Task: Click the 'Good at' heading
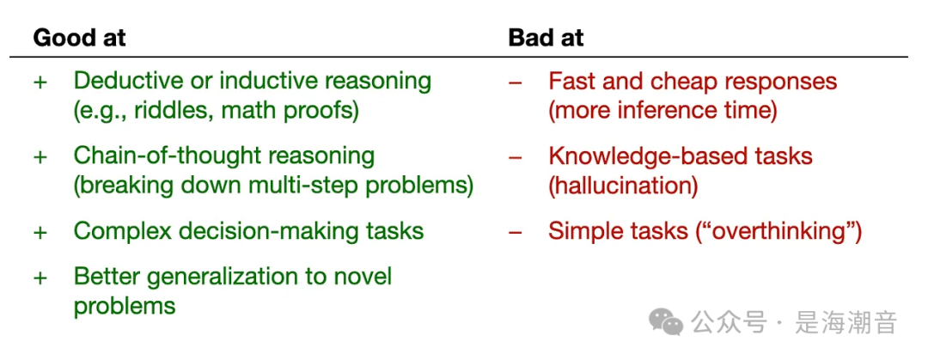(x=79, y=38)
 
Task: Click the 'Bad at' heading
(x=546, y=38)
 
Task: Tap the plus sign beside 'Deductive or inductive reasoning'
(x=40, y=82)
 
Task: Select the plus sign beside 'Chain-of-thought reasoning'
(x=40, y=157)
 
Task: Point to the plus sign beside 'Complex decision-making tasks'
(x=40, y=232)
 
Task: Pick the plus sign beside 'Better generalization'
(x=40, y=278)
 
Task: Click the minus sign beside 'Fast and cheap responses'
(x=516, y=82)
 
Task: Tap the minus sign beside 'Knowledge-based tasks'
(x=516, y=157)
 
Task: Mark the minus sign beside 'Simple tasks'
(x=516, y=232)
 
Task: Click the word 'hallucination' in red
(x=623, y=186)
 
